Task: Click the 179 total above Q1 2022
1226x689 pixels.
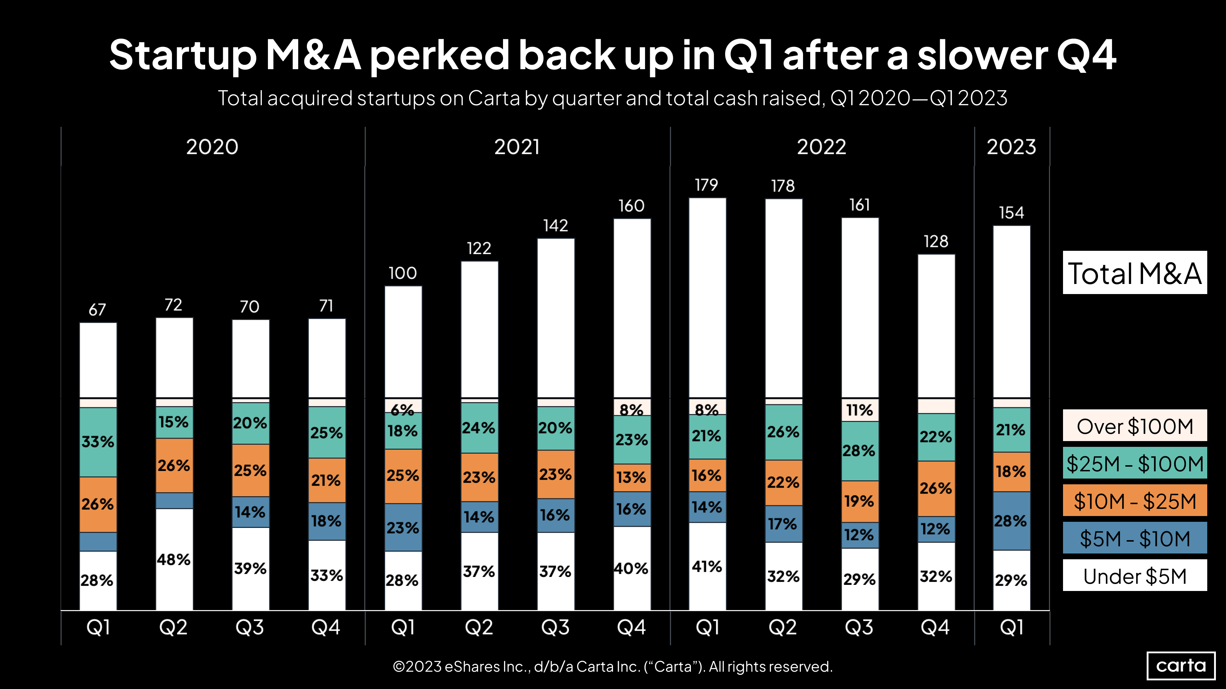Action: pos(706,185)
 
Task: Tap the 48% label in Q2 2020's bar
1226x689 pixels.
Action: pos(174,559)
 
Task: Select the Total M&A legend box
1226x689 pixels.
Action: pos(1135,273)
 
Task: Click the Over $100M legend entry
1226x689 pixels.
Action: pos(1135,426)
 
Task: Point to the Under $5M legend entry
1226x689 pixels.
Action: pos(1135,576)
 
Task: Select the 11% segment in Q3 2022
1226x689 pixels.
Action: pos(860,410)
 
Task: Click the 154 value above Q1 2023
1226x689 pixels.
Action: pos(1011,213)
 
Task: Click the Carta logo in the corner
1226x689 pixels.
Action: pos(1181,665)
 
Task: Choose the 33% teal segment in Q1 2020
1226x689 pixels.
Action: pos(98,442)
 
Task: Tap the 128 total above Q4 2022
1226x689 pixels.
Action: pos(936,241)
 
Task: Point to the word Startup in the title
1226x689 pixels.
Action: pos(183,55)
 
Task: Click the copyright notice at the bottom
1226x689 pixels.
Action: pos(613,666)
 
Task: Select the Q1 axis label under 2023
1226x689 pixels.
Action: pos(1011,627)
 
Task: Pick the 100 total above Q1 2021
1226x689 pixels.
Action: pos(403,273)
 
